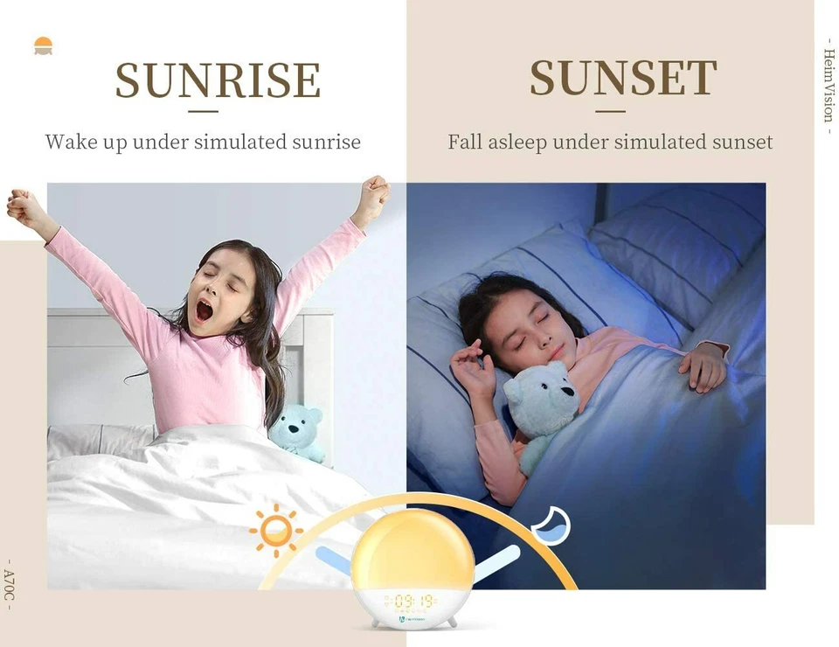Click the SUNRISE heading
[x=218, y=80]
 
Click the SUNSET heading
[x=623, y=79]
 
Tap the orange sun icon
[x=276, y=529]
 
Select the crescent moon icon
[x=552, y=525]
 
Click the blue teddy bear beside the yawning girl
[x=298, y=431]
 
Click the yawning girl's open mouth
[x=205, y=310]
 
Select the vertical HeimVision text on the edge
[x=829, y=86]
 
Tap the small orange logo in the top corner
[x=43, y=45]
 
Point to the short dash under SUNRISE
[x=204, y=111]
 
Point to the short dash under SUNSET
[x=611, y=111]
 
